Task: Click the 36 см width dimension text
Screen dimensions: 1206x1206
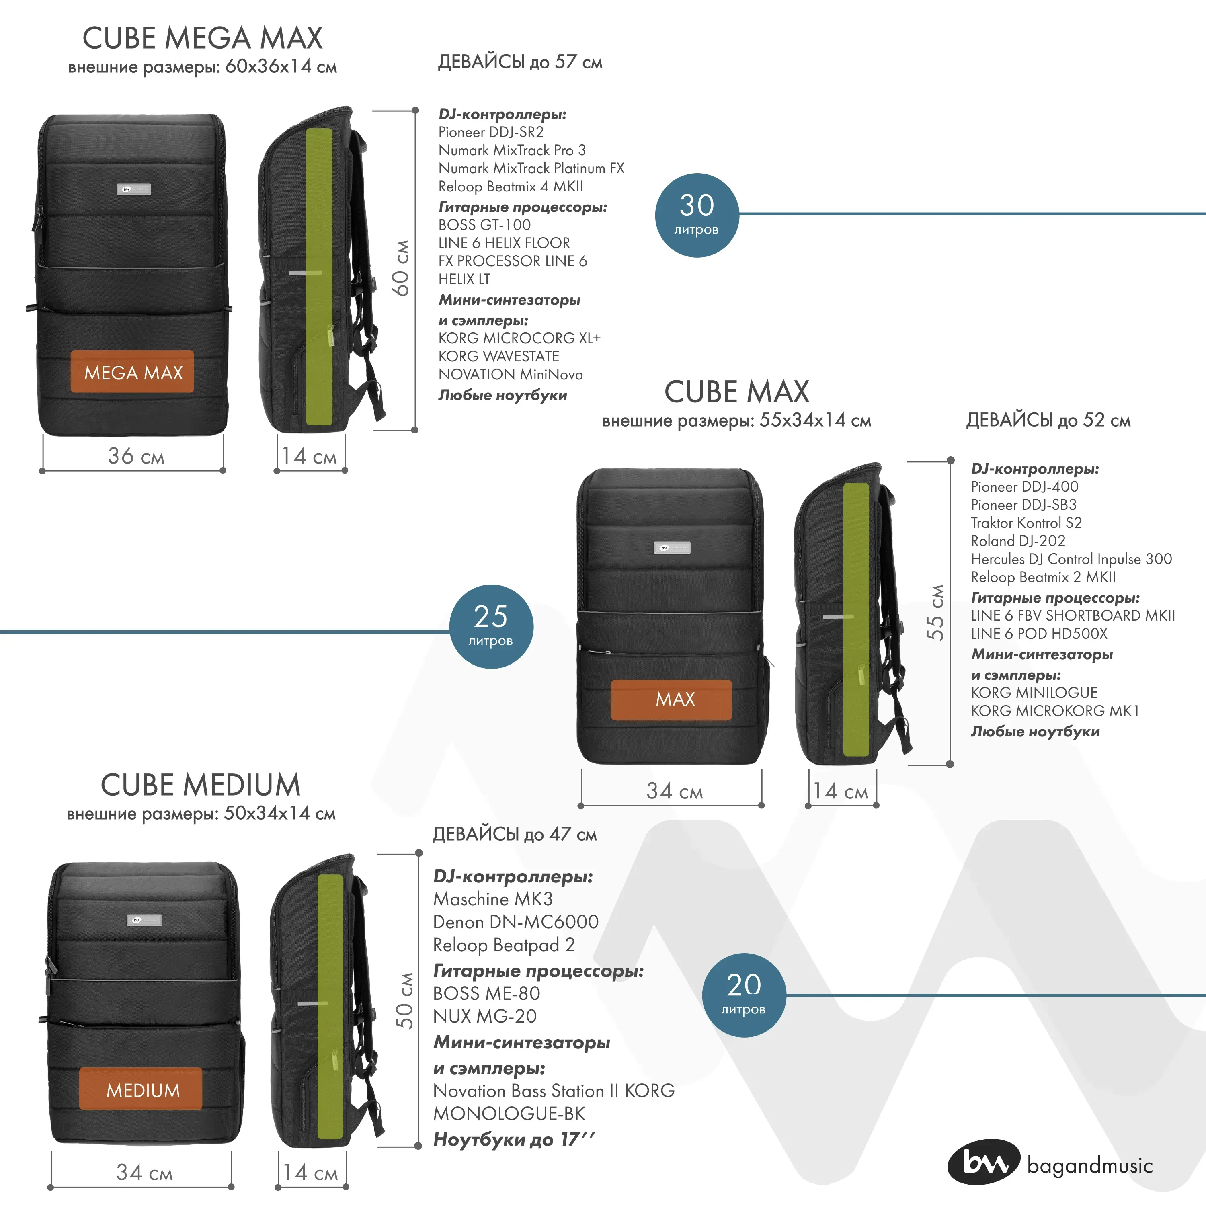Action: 136,456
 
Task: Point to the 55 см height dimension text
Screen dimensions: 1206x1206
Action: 935,612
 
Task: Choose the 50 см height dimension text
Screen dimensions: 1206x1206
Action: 404,1001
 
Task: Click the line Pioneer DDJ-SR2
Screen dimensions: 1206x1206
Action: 490,132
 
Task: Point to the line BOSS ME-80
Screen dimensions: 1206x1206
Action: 486,993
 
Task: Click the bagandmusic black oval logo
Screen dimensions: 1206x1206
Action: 983,1162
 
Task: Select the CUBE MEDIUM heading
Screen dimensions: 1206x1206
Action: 200,785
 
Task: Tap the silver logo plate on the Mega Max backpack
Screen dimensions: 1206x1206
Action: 133,189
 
